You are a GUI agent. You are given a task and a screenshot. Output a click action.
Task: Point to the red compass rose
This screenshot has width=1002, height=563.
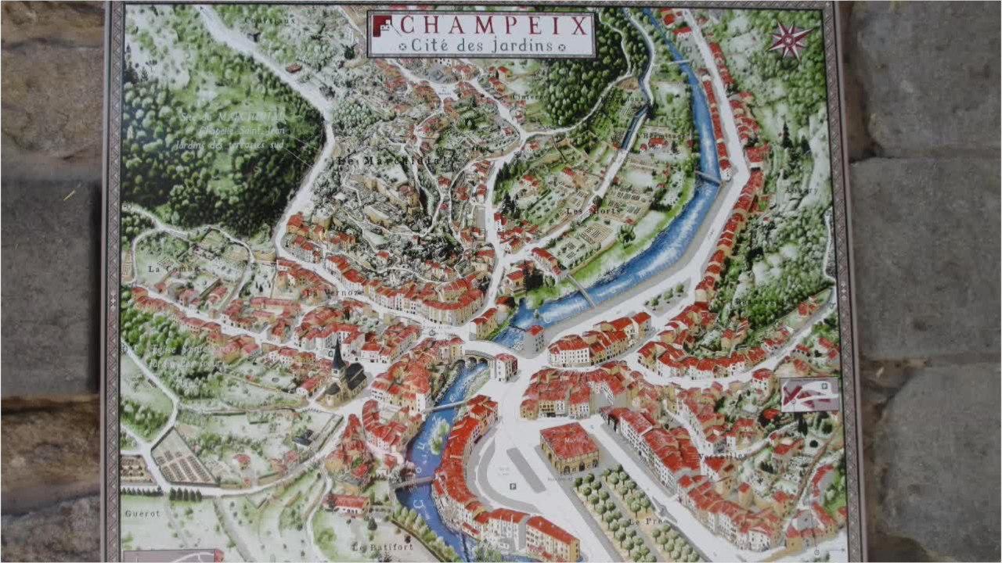(790, 38)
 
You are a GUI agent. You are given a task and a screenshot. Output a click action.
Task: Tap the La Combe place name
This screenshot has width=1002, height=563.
(172, 269)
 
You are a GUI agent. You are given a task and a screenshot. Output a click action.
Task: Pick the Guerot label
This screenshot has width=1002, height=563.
(142, 514)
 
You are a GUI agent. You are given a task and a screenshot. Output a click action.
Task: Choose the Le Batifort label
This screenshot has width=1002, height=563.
(381, 547)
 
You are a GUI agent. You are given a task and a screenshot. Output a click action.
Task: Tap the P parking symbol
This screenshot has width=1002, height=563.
(513, 486)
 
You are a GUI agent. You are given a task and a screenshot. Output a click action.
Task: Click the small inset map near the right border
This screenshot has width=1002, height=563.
(809, 395)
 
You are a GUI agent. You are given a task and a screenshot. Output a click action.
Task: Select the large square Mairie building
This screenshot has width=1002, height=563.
(568, 446)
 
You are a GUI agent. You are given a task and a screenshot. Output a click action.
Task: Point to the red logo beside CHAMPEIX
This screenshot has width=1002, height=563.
(381, 24)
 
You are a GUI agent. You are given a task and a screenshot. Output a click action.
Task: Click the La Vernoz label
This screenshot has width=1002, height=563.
(333, 293)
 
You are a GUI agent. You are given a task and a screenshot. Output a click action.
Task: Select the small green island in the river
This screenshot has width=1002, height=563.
(438, 426)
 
